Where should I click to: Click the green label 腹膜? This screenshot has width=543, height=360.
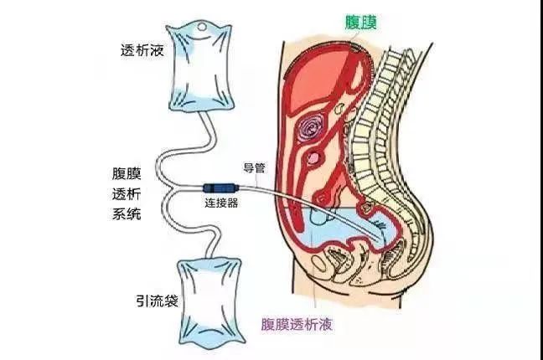pyautogui.click(x=361, y=22)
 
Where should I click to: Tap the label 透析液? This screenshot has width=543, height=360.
pyautogui.click(x=142, y=51)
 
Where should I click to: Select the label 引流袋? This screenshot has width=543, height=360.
pyautogui.click(x=157, y=301)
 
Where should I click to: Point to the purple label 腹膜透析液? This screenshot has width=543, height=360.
pyautogui.click(x=297, y=324)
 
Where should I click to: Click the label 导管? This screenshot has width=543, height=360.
pyautogui.click(x=254, y=168)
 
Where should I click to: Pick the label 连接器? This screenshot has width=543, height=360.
pyautogui.click(x=221, y=203)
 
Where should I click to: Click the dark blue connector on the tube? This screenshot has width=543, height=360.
pyautogui.click(x=220, y=188)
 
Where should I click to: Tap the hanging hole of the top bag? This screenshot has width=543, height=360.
pyautogui.click(x=202, y=27)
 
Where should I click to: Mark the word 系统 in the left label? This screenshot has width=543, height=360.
pyautogui.click(x=127, y=214)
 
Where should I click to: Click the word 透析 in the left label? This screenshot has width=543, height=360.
pyautogui.click(x=127, y=194)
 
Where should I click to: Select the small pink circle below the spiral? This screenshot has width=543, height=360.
pyautogui.click(x=313, y=158)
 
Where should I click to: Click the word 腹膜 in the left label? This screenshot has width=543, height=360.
pyautogui.click(x=127, y=173)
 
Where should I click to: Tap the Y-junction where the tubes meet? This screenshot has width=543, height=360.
pyautogui.click(x=172, y=188)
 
